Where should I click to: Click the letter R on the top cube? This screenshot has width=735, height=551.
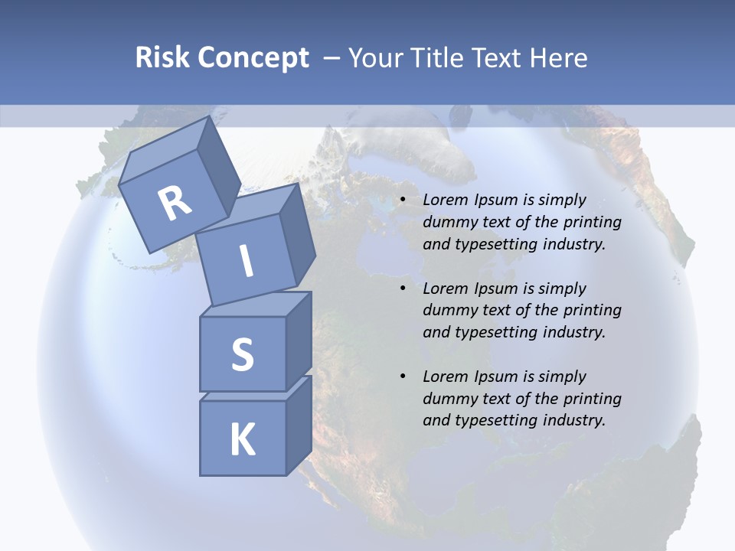(x=175, y=203)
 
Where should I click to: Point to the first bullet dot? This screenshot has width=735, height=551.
(x=403, y=201)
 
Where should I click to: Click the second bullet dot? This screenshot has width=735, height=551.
(x=403, y=289)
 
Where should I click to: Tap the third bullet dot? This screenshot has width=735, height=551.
(x=403, y=377)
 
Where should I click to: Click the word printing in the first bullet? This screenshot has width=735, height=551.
(x=593, y=222)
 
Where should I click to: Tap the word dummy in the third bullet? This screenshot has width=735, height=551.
(x=449, y=398)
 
